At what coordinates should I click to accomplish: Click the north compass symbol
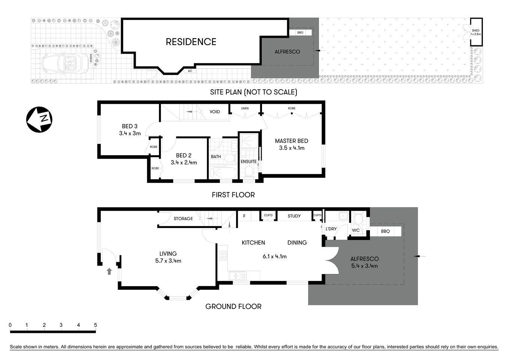[x=39, y=120]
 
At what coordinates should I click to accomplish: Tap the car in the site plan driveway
[x=65, y=63]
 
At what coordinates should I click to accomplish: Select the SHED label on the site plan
[x=476, y=31]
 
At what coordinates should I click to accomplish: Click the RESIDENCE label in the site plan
[x=191, y=42]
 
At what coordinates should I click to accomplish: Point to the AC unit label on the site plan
[x=190, y=71]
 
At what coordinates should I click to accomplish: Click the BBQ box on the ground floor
[x=385, y=231]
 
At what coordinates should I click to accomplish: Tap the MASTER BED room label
[x=291, y=141]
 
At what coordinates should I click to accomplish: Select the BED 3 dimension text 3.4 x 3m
[x=130, y=133]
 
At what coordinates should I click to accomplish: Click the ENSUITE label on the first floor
[x=249, y=162]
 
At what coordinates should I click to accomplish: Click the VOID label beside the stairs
[x=215, y=112]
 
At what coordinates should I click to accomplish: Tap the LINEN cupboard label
[x=245, y=108]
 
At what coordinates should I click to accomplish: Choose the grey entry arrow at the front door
[x=109, y=271]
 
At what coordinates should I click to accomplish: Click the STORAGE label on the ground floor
[x=183, y=219]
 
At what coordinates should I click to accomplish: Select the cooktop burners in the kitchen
[x=222, y=256]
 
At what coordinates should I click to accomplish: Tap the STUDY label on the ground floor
[x=294, y=216]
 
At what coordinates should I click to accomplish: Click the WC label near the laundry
[x=356, y=230]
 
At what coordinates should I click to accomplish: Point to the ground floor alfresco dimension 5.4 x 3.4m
[x=364, y=266]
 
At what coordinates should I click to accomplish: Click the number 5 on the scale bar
[x=95, y=325]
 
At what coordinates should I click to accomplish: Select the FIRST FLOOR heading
[x=233, y=195]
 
